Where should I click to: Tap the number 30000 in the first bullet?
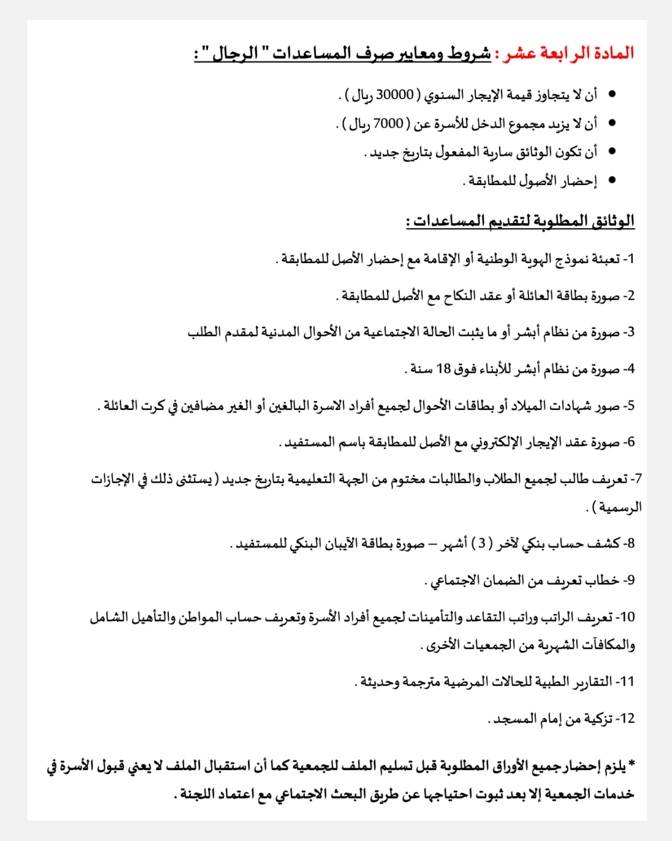[x=395, y=95]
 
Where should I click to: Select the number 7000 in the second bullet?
[x=388, y=124]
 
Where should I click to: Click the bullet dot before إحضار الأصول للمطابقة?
[x=612, y=180]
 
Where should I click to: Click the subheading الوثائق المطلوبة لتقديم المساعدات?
[x=520, y=221]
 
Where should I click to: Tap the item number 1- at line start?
[x=629, y=259]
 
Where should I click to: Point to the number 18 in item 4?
[x=444, y=369]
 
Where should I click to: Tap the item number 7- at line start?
[x=636, y=479]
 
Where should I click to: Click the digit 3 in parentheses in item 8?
[x=483, y=543]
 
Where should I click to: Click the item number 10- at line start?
[x=626, y=617]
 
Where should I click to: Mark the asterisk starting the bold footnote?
[x=631, y=764]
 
